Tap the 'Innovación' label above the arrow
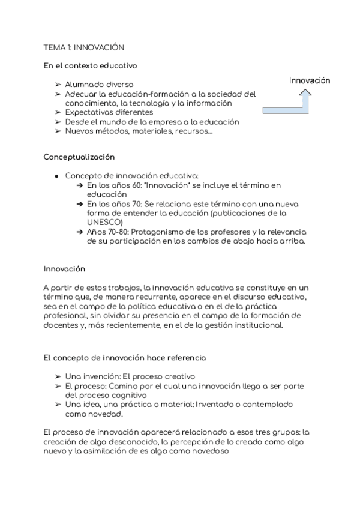(309, 80)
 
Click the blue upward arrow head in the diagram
(306, 93)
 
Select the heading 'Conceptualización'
(79, 157)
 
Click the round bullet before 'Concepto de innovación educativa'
(56, 176)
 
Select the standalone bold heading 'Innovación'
(64, 269)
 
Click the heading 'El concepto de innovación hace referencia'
(124, 358)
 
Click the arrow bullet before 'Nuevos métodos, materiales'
(58, 131)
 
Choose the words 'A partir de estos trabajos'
(90, 288)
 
